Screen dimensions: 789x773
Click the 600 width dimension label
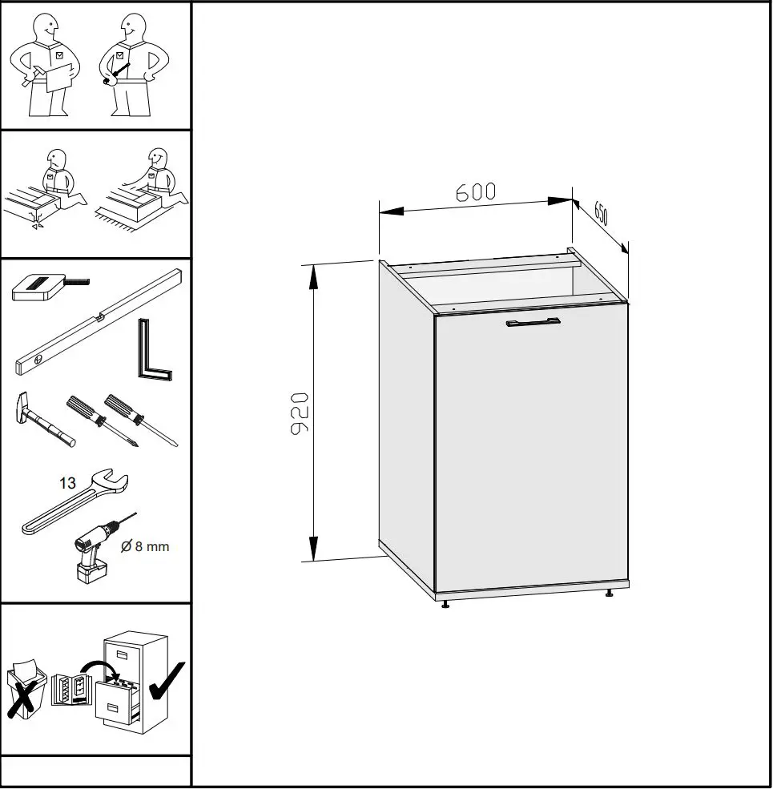point(476,192)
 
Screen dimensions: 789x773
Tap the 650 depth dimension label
point(601,215)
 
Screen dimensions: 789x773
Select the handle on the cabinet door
point(533,323)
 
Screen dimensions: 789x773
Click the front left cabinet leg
point(445,602)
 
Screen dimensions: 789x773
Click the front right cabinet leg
point(610,594)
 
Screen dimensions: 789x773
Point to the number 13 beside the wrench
point(67,483)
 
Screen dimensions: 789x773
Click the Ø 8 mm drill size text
point(145,547)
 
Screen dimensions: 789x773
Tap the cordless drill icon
point(95,549)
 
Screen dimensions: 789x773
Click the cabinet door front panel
point(530,449)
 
